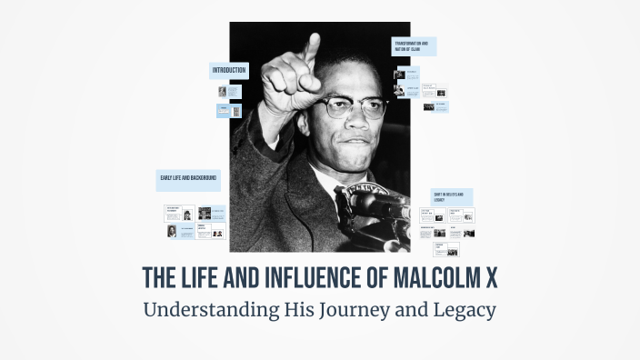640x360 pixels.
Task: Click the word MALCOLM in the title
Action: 426,275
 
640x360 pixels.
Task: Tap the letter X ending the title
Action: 490,275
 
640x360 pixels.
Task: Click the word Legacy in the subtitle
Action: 462,310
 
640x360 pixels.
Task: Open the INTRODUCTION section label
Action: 229,70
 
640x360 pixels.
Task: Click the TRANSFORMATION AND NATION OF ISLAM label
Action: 414,46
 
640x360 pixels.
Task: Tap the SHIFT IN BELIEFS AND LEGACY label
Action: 452,197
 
